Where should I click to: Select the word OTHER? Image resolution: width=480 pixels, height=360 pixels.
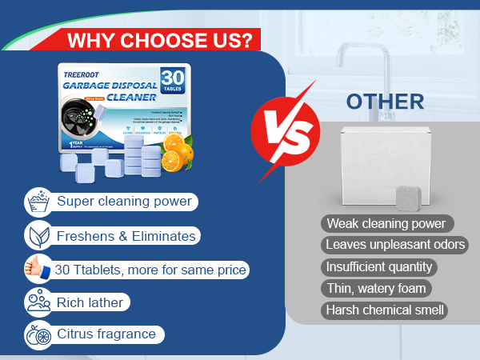[384, 102]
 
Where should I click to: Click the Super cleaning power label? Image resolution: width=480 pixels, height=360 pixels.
[125, 201]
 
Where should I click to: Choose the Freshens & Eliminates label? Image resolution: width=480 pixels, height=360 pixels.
[126, 236]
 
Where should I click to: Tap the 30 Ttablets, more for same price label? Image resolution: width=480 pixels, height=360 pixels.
[150, 270]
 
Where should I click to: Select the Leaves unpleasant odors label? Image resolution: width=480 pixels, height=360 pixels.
[396, 245]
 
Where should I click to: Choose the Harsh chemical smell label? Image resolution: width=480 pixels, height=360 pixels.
[394, 310]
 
